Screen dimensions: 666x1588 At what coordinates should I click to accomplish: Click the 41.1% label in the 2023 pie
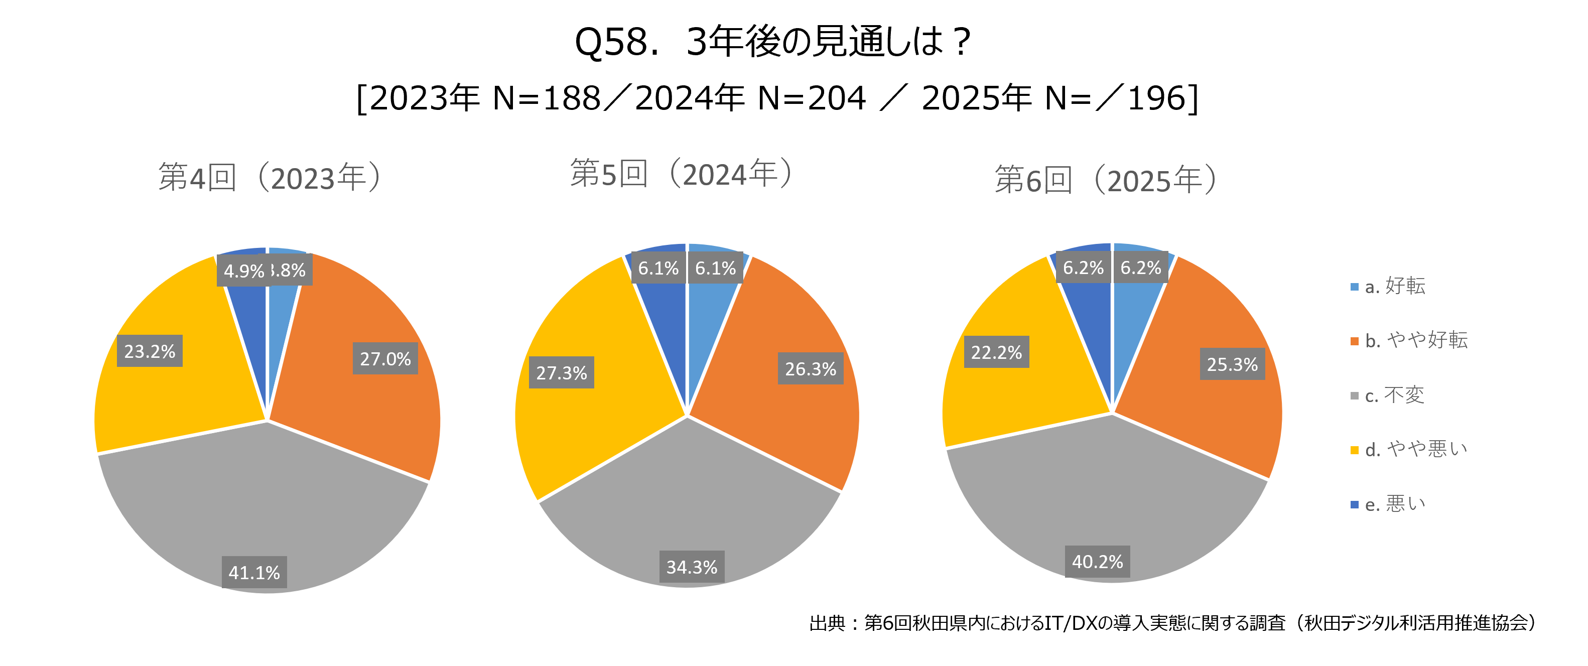254,572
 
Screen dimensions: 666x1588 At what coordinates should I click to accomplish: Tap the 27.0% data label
385,358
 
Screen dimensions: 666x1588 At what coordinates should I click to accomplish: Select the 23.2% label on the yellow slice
150,351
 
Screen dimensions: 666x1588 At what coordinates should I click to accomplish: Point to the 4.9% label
242,271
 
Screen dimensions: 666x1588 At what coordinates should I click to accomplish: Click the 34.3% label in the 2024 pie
692,567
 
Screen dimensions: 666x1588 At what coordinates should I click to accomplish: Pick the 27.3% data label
561,372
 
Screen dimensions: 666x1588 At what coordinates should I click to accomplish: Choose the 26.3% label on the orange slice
810,368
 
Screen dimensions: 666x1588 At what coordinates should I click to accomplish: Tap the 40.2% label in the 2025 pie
1097,561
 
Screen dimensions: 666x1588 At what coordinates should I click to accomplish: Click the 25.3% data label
1232,364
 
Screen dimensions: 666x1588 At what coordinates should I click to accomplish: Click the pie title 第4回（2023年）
270,178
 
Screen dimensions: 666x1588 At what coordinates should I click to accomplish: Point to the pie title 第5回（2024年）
681,173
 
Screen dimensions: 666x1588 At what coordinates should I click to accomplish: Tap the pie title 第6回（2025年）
1107,180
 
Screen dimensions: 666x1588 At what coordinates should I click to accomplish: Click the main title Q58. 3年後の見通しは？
773,42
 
